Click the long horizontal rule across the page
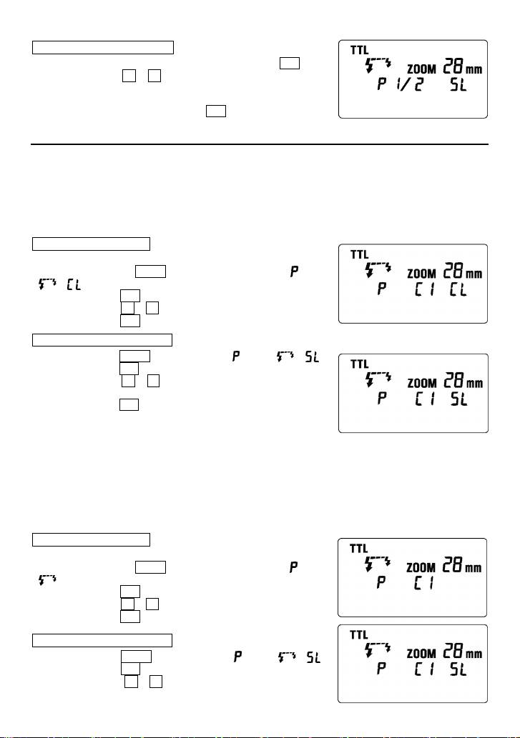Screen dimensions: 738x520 [x=260, y=144]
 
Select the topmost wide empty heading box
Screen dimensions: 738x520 [x=103, y=47]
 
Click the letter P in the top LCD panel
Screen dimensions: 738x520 [x=382, y=90]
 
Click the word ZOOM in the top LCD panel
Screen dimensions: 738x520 [x=424, y=70]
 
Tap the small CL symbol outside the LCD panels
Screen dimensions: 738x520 [x=72, y=286]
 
